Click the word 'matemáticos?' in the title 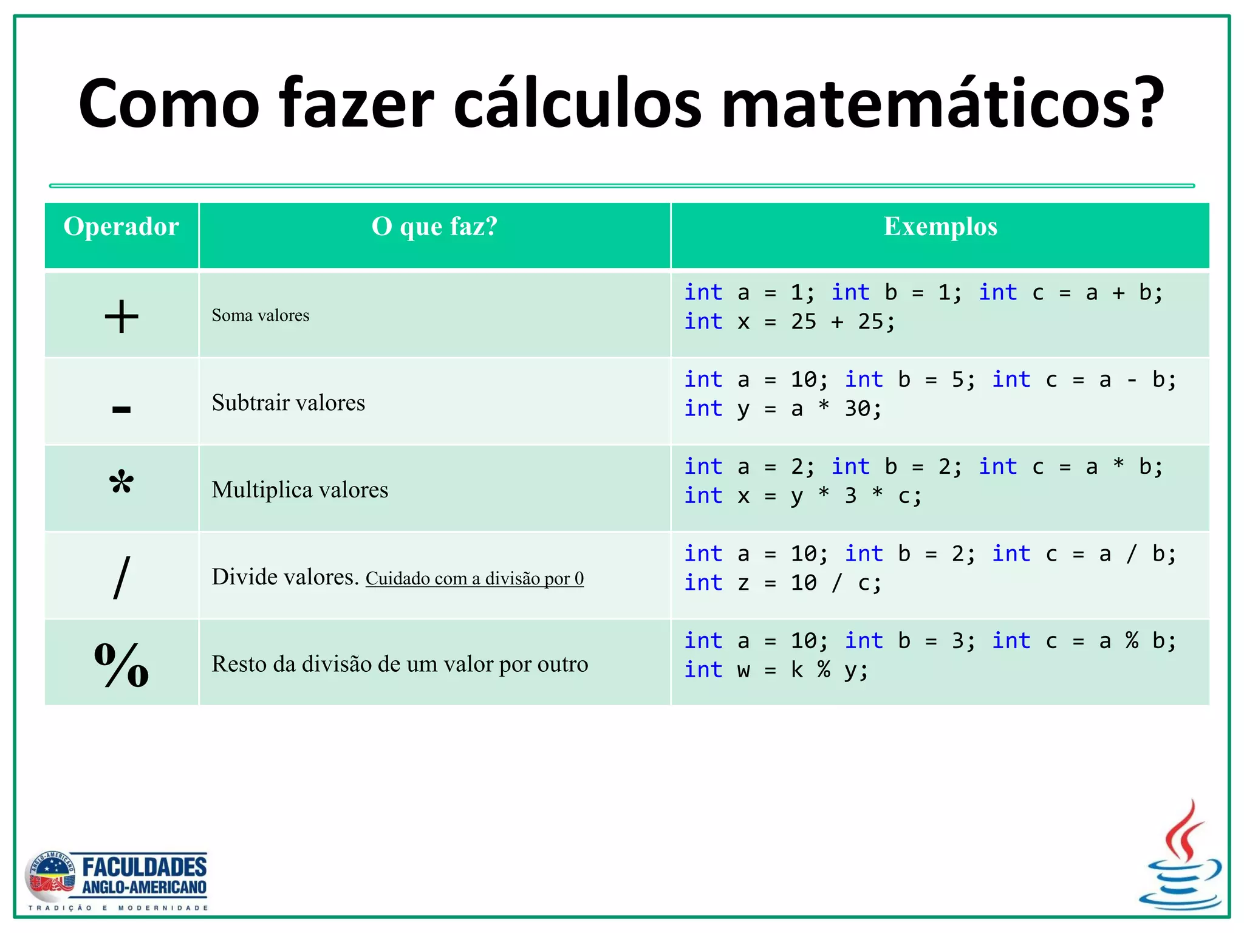pyautogui.click(x=942, y=103)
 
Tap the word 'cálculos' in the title pyautogui.click(x=577, y=103)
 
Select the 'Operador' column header pyautogui.click(x=121, y=227)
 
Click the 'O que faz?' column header pyautogui.click(x=434, y=227)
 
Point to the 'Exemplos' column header pyautogui.click(x=940, y=227)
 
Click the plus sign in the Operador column pyautogui.click(x=121, y=316)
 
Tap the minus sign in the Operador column pyautogui.click(x=121, y=409)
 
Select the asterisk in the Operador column pyautogui.click(x=121, y=484)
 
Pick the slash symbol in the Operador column pyautogui.click(x=121, y=577)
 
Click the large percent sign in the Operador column pyautogui.click(x=121, y=665)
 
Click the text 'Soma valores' pyautogui.click(x=261, y=315)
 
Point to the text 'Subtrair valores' pyautogui.click(x=289, y=403)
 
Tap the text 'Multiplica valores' pyautogui.click(x=300, y=490)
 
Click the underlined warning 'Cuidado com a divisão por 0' pyautogui.click(x=474, y=578)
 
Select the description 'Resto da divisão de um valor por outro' pyautogui.click(x=400, y=664)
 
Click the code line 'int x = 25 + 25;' pyautogui.click(x=790, y=322)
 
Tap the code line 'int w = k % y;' pyautogui.click(x=776, y=670)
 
